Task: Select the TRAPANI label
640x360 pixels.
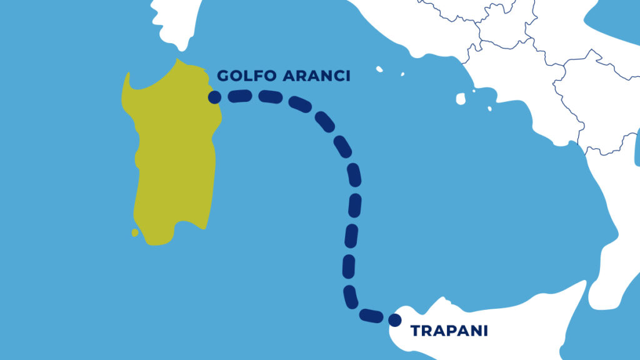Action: [449, 331]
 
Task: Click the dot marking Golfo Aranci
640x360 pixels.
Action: [214, 97]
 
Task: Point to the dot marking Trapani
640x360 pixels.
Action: [394, 321]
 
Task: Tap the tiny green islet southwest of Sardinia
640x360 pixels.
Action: [135, 232]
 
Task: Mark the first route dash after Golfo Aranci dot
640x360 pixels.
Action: [239, 96]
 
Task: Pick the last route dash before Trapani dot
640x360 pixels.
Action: [372, 314]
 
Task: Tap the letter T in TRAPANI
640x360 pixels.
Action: [415, 331]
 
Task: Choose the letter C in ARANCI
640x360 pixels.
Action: [336, 76]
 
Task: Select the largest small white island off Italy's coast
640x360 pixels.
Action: [461, 98]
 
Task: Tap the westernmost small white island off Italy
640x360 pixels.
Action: [379, 69]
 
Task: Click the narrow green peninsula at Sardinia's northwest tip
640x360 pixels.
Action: [127, 81]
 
